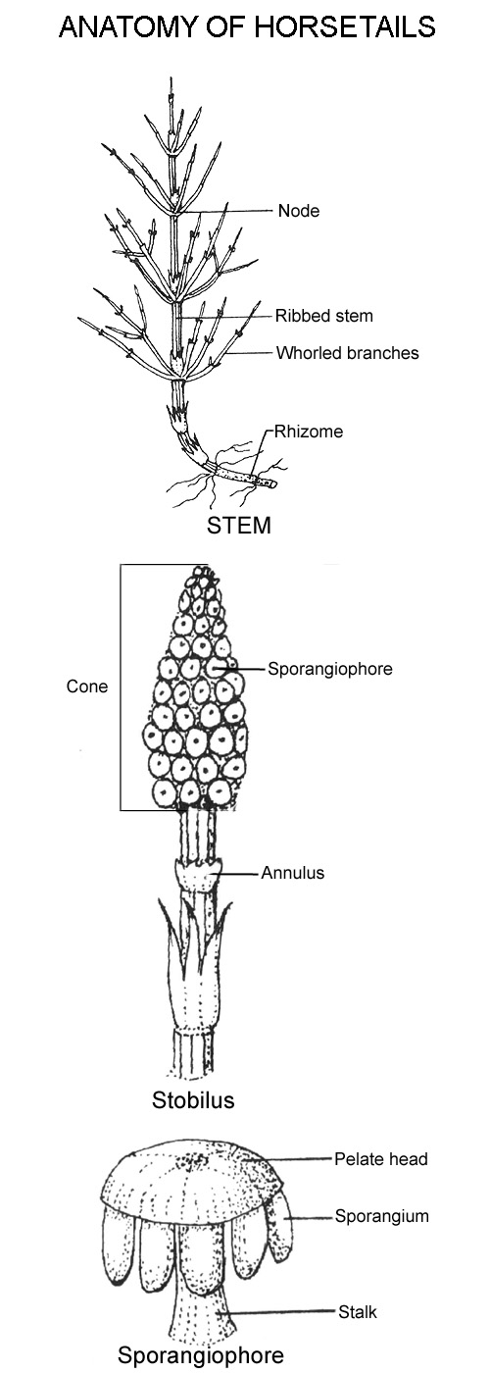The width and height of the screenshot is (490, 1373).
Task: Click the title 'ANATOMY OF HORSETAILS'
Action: click(x=247, y=27)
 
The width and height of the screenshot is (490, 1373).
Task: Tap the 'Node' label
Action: click(x=298, y=211)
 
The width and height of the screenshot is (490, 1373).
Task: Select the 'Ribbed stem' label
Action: click(x=324, y=316)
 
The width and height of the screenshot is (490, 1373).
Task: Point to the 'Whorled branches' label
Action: click(x=347, y=353)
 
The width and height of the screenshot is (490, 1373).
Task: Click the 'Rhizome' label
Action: click(x=308, y=432)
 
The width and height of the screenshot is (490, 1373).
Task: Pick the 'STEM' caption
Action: click(x=239, y=526)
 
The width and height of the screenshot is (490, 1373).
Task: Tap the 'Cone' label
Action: click(x=87, y=686)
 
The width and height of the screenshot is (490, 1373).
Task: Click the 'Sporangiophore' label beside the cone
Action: click(x=330, y=668)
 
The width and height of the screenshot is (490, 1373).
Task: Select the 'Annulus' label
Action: click(x=293, y=873)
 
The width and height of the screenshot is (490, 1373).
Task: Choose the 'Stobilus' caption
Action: click(x=193, y=1100)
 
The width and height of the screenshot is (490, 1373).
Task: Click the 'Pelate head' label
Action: click(x=381, y=1159)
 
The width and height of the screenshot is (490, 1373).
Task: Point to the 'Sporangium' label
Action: click(x=381, y=1217)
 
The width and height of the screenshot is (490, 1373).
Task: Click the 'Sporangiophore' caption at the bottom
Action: click(x=201, y=1355)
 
